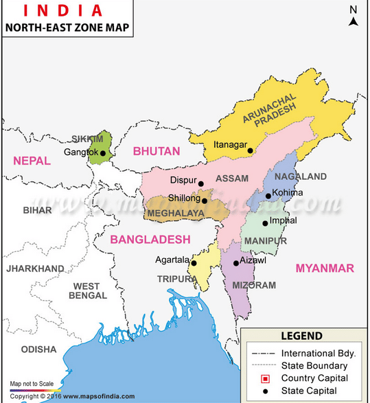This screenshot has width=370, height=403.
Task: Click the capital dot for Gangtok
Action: (104, 153)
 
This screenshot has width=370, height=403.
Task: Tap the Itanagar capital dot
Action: (251, 151)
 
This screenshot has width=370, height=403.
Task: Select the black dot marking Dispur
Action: (201, 184)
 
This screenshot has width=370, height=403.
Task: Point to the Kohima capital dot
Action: (268, 196)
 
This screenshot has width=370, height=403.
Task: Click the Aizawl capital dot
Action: (235, 263)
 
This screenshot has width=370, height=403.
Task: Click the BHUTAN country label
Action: (157, 151)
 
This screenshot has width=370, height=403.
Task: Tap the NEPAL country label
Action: (32, 161)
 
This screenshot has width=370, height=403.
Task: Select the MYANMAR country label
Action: (325, 268)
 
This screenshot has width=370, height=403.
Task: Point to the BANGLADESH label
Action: (150, 239)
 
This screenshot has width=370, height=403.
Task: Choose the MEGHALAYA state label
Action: (174, 214)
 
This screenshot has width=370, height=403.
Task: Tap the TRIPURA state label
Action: (176, 279)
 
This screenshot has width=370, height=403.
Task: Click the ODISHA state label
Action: (38, 349)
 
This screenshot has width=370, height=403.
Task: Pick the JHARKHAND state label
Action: (35, 268)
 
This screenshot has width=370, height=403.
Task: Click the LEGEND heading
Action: (301, 336)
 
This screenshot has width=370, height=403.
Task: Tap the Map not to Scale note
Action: (32, 384)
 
